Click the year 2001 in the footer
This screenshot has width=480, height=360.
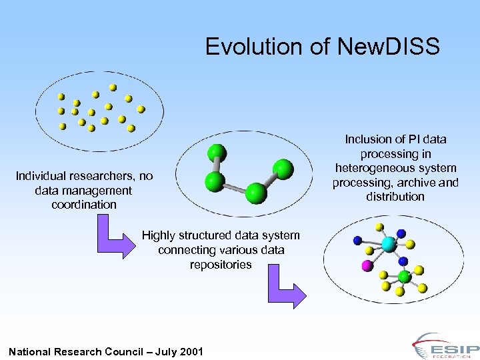[189, 352]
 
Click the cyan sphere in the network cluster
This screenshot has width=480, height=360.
[389, 245]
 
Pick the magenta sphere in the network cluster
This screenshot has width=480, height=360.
[366, 267]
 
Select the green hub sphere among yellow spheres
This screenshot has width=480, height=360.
[404, 276]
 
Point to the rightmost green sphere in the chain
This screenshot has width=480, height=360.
[283, 169]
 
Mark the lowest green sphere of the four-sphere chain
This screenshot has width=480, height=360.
[256, 193]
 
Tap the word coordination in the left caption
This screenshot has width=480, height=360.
[84, 205]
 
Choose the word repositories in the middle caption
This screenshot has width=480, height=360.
[221, 265]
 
